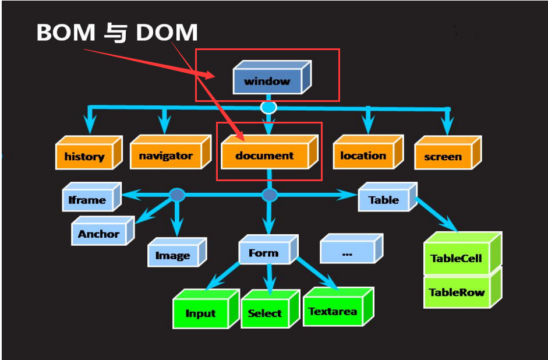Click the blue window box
coord(267,81)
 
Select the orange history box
coord(84,156)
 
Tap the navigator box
coord(166,156)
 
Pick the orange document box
coord(265,156)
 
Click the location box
coord(363,156)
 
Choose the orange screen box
coord(443,156)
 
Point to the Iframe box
coord(87,200)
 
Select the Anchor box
coord(99,234)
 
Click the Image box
coord(173,255)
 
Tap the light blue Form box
coord(264,253)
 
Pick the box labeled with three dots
coord(348,253)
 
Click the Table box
coord(384,200)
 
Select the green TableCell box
coord(456,258)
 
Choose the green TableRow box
coord(457,292)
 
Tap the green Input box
coord(201,313)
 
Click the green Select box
coord(265,313)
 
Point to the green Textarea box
coord(333,310)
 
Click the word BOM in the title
coord(65,33)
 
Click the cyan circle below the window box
coord(268,107)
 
